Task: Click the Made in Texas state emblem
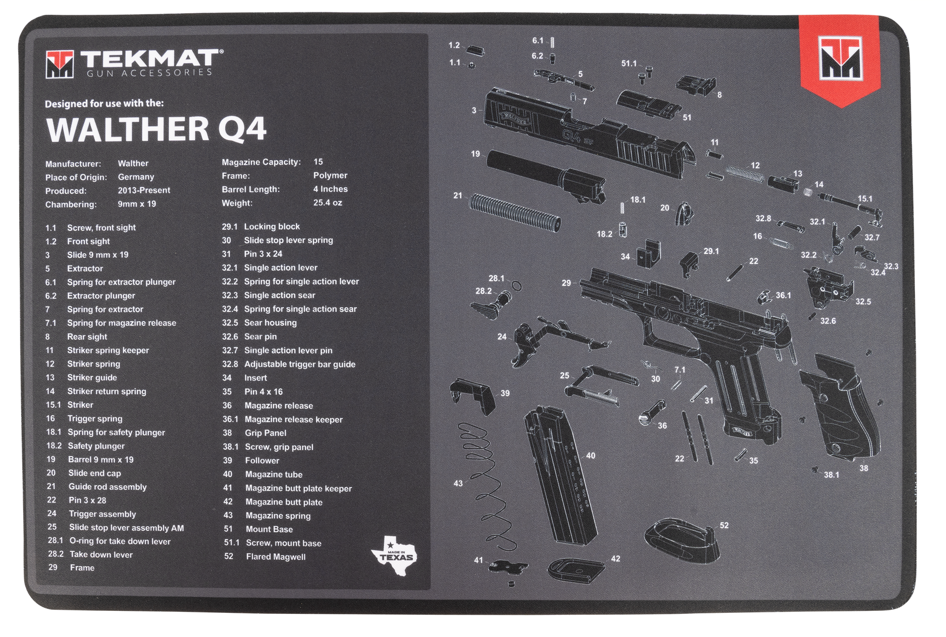pyautogui.click(x=394, y=556)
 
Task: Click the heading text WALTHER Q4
pyautogui.click(x=156, y=129)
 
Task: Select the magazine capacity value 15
pyautogui.click(x=318, y=162)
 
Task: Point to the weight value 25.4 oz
pyautogui.click(x=328, y=202)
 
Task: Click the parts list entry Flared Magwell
pyautogui.click(x=275, y=557)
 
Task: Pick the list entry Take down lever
pyautogui.click(x=101, y=554)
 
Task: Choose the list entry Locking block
pyautogui.click(x=271, y=227)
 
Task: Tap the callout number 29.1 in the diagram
pyautogui.click(x=711, y=251)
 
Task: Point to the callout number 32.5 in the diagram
pyautogui.click(x=863, y=302)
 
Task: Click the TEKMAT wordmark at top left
pyautogui.click(x=150, y=59)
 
